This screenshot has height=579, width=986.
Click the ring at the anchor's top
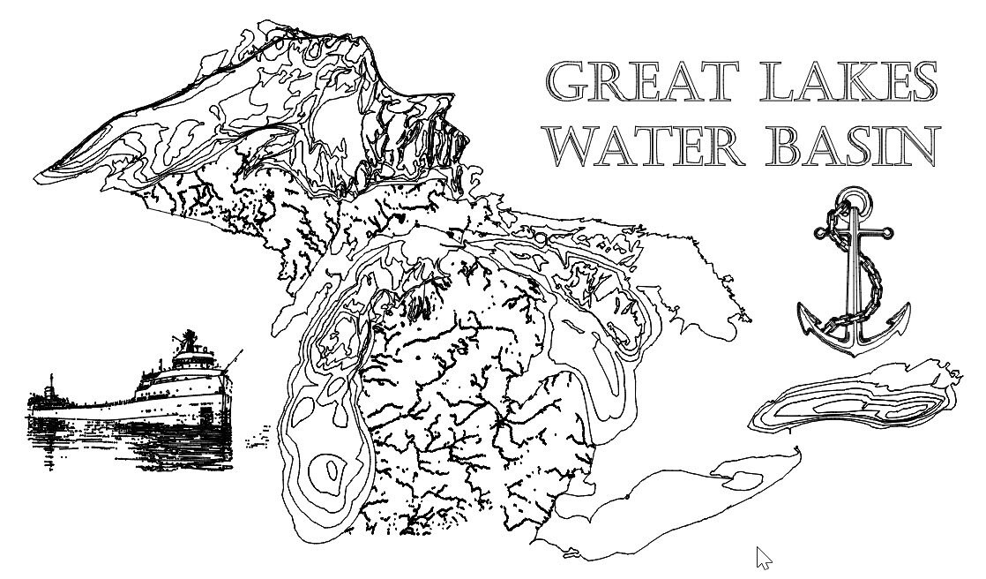[852, 199]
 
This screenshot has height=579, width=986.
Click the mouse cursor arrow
[764, 557]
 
